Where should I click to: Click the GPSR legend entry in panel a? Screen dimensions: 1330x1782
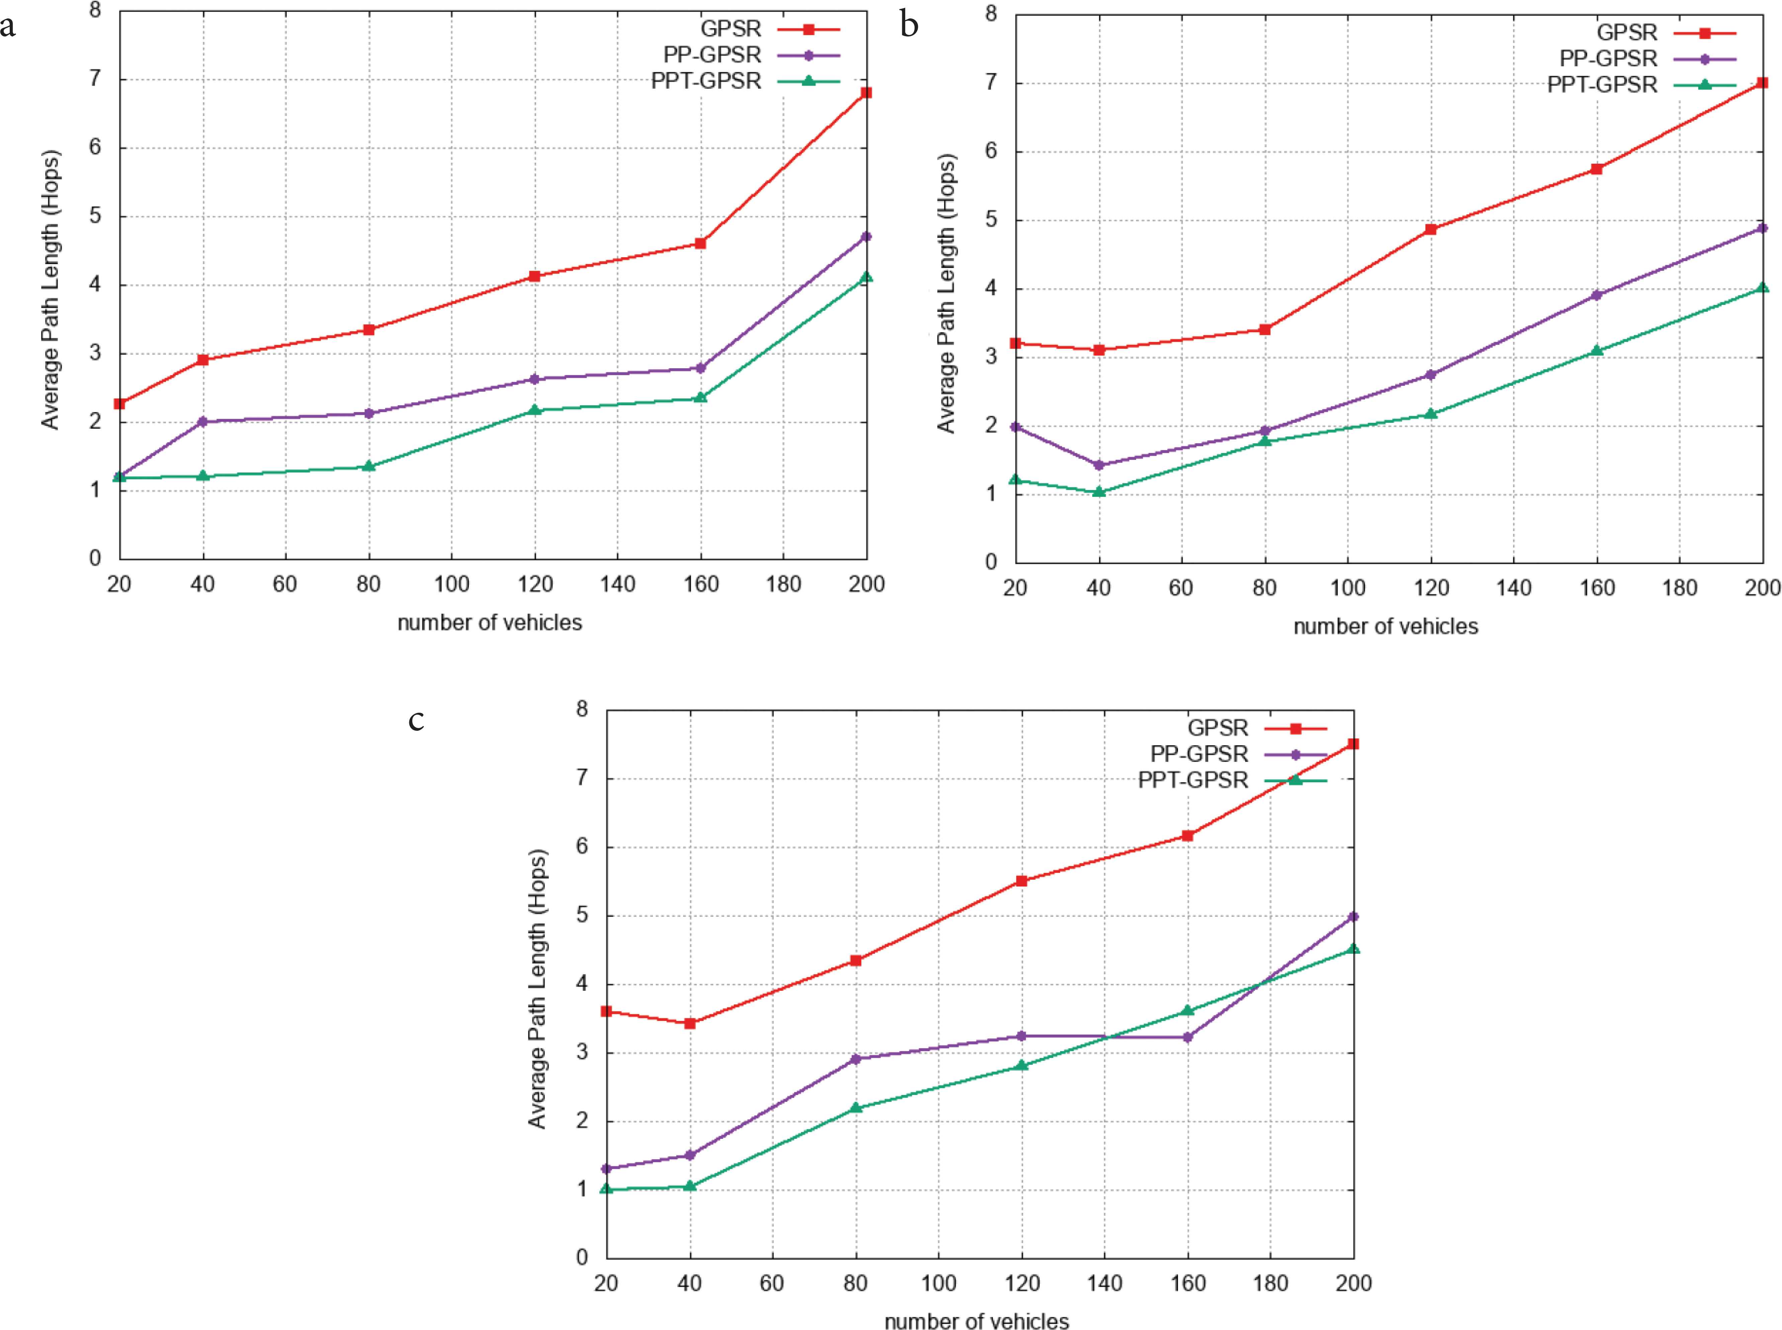click(730, 29)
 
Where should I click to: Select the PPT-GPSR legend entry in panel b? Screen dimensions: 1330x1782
click(1602, 85)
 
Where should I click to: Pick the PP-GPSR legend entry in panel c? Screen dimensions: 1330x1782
click(1198, 754)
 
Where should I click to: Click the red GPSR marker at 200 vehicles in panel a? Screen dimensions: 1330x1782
click(866, 93)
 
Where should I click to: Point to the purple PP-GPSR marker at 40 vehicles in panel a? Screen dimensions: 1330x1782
click(203, 421)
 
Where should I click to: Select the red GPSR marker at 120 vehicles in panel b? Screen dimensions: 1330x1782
click(1430, 229)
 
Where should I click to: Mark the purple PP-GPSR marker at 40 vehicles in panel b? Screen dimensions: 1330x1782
click(1099, 465)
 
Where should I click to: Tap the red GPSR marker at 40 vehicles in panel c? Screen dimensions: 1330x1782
click(690, 1023)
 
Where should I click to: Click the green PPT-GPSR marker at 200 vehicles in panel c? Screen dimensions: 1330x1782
click(1353, 948)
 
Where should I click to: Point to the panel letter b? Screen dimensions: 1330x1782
click(910, 26)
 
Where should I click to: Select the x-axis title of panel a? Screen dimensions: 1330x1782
click(489, 622)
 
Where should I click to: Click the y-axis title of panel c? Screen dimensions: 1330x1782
click(537, 989)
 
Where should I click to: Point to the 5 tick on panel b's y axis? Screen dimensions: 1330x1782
click(991, 220)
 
